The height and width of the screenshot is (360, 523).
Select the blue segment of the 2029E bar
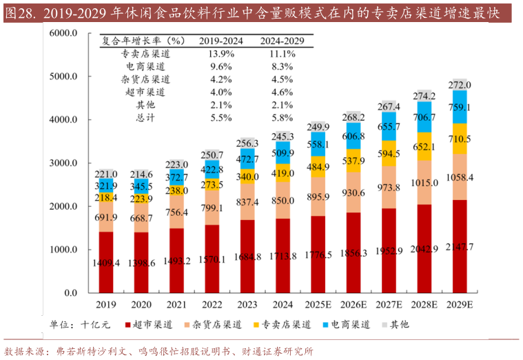click(459, 107)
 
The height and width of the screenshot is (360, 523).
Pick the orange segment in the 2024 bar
click(283, 200)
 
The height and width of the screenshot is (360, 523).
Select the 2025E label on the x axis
click(318, 304)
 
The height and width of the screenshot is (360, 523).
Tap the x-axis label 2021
click(177, 304)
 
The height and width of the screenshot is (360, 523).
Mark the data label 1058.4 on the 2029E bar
click(459, 177)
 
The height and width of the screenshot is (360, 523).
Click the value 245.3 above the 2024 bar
click(283, 137)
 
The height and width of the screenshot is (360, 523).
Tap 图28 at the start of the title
click(19, 12)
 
